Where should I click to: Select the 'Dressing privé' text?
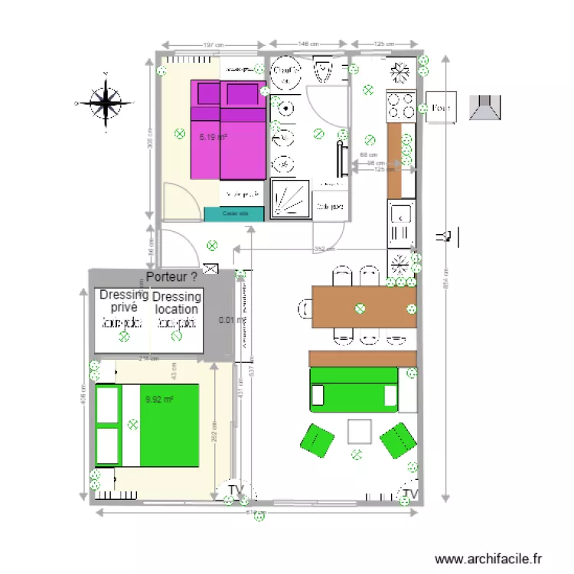click(122, 301)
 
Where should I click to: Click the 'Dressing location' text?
click(177, 303)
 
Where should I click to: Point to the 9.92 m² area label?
click(160, 399)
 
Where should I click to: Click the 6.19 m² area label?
click(213, 138)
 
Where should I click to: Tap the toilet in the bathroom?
click(323, 71)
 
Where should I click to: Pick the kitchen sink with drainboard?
click(400, 223)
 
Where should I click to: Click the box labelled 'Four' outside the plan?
click(440, 108)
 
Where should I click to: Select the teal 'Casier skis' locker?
click(234, 214)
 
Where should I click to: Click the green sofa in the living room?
click(354, 388)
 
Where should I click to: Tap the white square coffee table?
click(360, 432)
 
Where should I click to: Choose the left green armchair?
click(316, 441)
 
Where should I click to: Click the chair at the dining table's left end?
click(304, 308)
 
